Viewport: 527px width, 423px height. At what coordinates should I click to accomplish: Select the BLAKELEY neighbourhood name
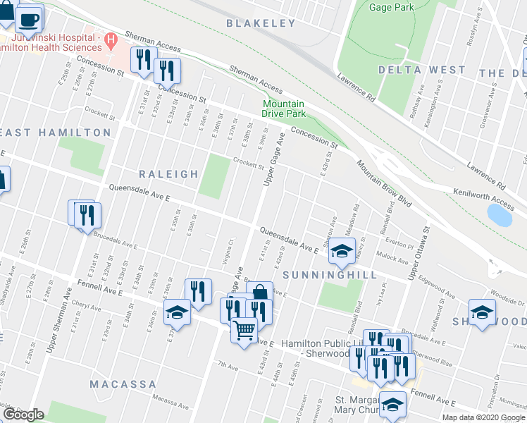click(x=261, y=23)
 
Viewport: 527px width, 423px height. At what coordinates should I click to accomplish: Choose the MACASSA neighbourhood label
click(x=123, y=384)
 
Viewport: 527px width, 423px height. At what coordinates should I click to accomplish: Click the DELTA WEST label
click(x=421, y=70)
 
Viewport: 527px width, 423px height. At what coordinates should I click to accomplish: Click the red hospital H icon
click(x=110, y=40)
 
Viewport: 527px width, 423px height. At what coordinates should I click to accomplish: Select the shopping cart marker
click(x=244, y=330)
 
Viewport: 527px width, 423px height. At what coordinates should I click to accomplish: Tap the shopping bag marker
click(x=260, y=293)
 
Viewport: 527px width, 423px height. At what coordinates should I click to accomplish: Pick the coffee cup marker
click(x=29, y=19)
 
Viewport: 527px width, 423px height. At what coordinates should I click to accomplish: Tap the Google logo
click(x=23, y=415)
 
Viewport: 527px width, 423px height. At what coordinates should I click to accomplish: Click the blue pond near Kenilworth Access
click(x=500, y=214)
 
